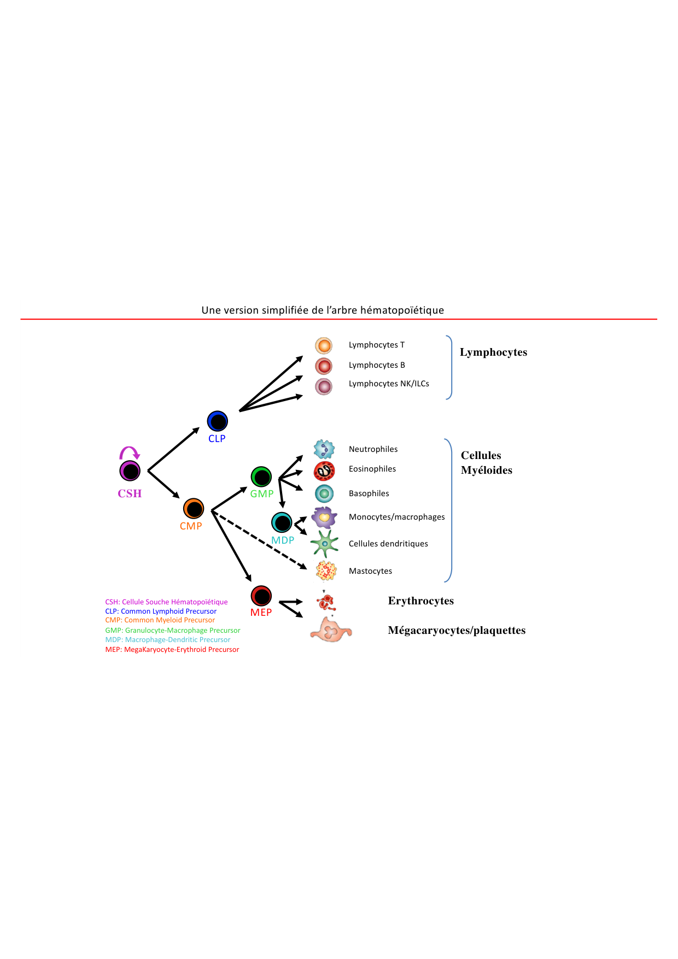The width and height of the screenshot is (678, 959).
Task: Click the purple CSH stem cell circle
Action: (x=130, y=470)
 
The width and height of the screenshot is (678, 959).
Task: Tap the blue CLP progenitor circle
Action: (x=217, y=421)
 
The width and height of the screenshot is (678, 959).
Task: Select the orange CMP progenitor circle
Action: (x=194, y=509)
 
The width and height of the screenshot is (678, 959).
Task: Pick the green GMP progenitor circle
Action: (x=261, y=477)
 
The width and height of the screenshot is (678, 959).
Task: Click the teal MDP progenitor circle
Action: (x=282, y=522)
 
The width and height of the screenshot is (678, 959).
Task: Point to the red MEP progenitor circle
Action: (x=261, y=596)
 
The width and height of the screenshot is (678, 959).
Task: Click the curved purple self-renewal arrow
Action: (x=130, y=452)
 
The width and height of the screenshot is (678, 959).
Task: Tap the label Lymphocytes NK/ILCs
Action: (x=389, y=384)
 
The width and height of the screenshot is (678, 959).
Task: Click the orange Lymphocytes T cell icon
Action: (x=324, y=345)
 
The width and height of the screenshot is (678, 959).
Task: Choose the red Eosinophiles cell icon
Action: (x=324, y=470)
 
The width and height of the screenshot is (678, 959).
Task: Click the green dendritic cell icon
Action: (x=325, y=544)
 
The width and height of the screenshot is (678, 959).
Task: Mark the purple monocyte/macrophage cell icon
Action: (x=324, y=517)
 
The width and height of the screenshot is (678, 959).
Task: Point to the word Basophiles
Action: (x=369, y=493)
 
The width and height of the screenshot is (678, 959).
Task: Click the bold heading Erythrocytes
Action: (x=421, y=601)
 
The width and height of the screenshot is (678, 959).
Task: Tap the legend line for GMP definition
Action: (x=173, y=630)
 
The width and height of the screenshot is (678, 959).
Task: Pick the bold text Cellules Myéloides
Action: (x=486, y=463)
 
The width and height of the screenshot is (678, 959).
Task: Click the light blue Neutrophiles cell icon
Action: (x=324, y=449)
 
